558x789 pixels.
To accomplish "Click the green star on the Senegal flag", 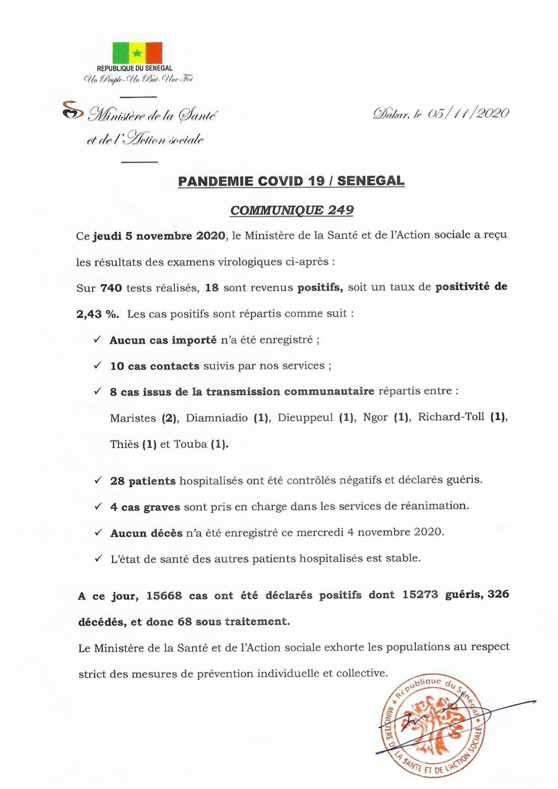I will (x=138, y=53).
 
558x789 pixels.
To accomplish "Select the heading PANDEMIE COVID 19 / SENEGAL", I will (x=291, y=181).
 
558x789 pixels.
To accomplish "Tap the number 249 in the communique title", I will (x=340, y=210).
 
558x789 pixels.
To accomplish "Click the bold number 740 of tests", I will (x=112, y=288).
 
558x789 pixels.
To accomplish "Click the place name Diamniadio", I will (x=217, y=418).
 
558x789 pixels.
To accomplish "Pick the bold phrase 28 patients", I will (x=143, y=481).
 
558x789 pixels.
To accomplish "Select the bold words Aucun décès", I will (x=147, y=533).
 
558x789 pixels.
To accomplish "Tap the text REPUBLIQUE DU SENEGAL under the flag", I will (x=134, y=68).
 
